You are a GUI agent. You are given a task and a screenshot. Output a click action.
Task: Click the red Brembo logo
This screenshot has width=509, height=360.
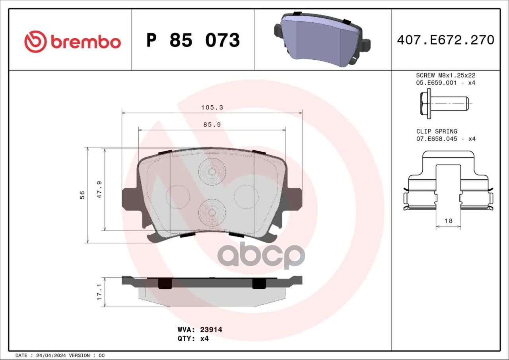click(72, 42)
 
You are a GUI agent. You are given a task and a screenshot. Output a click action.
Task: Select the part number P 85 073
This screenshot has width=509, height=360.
click(193, 40)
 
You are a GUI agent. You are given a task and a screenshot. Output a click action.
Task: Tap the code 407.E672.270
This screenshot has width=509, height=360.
click(446, 40)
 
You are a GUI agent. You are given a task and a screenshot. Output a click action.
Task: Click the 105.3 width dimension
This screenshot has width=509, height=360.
click(212, 107)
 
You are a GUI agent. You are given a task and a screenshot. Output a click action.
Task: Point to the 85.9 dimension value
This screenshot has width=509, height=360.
click(212, 125)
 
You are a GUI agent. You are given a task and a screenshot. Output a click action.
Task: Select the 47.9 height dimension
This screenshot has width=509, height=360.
click(99, 190)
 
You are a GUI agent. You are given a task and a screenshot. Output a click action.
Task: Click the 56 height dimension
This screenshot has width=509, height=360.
click(82, 195)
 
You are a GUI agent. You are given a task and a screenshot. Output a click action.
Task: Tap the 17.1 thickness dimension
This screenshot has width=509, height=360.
click(99, 292)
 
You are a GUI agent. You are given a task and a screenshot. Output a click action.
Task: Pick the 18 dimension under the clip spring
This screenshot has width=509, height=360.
click(448, 221)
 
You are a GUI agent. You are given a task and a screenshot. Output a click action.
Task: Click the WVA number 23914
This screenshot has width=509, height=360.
click(211, 329)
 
